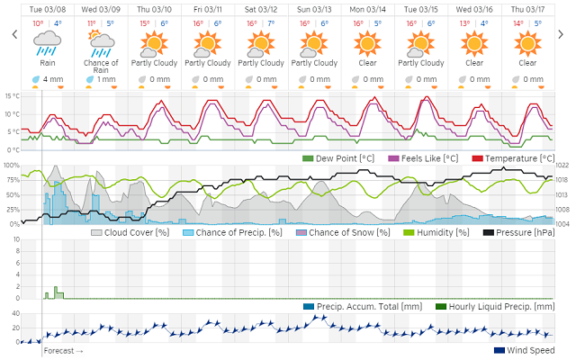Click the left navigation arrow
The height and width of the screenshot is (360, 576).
tap(14, 35)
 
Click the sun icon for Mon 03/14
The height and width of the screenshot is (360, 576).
tap(368, 41)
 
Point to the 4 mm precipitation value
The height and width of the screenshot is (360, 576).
tap(51, 79)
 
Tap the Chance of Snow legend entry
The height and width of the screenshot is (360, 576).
tap(343, 232)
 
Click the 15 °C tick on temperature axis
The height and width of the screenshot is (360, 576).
tap(11, 95)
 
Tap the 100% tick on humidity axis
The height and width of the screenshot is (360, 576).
tap(11, 166)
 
